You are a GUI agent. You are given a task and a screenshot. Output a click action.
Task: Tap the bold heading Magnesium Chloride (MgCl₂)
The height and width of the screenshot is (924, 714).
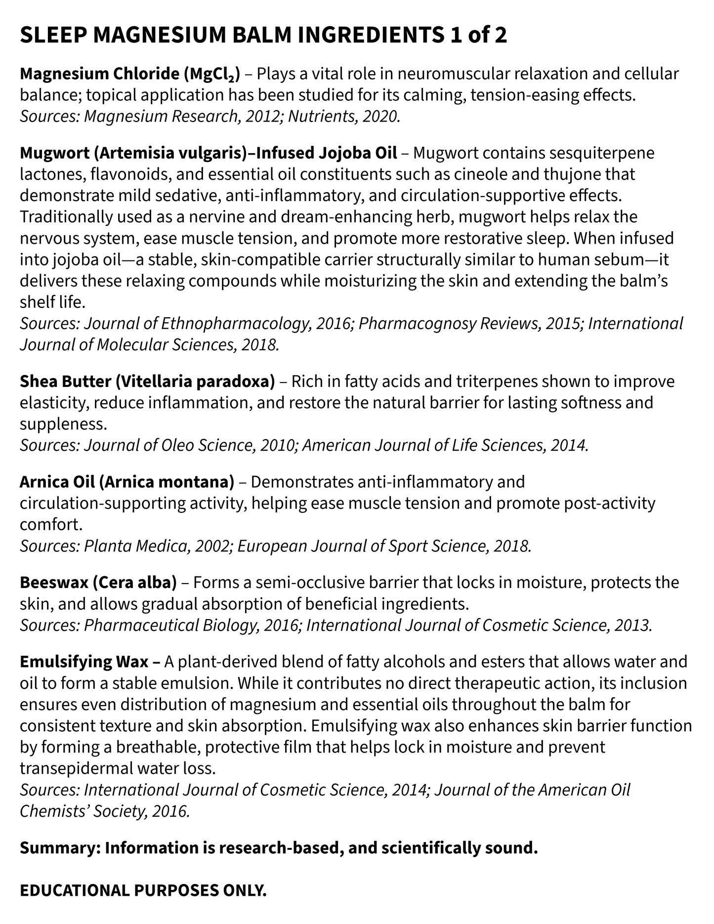coord(129,74)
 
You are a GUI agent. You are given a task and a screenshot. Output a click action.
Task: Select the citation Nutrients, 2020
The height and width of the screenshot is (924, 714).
coord(344,117)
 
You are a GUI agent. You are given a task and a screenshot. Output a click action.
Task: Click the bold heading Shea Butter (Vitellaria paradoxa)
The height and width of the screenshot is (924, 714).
coord(147,382)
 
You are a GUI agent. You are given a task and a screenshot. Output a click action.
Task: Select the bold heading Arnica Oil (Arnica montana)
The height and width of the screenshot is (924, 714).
coord(126,482)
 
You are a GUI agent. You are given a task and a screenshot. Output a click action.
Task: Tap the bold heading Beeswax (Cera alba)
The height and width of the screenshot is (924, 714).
coord(98,583)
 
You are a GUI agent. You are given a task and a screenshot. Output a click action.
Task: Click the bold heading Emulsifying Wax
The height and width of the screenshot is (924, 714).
coord(84,662)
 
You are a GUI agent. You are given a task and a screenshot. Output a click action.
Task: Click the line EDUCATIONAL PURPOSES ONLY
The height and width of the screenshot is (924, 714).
coord(143,890)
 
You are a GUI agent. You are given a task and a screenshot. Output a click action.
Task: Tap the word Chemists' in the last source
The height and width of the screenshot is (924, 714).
coord(51,811)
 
